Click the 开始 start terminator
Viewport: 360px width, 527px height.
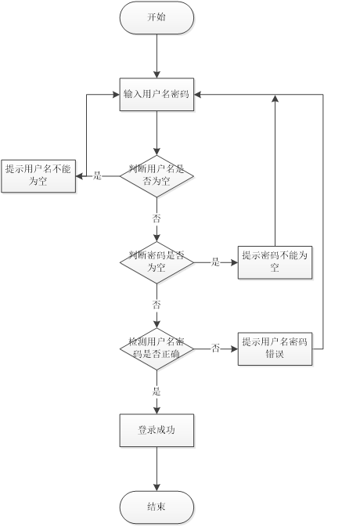[157, 17]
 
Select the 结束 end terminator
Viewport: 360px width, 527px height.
[157, 507]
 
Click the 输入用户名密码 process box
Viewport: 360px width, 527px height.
[157, 94]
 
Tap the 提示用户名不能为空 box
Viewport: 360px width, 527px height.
[38, 175]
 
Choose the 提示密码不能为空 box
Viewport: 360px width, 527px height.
[275, 262]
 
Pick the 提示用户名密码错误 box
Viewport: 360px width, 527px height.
[275, 347]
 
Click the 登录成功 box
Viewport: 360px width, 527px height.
[157, 431]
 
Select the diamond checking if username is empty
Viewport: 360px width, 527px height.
[157, 175]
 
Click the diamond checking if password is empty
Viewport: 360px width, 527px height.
[157, 262]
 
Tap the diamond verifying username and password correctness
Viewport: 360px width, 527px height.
[157, 347]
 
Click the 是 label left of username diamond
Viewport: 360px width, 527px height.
[98, 175]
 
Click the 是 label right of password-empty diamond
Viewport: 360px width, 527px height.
[215, 262]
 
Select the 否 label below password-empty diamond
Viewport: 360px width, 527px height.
[157, 305]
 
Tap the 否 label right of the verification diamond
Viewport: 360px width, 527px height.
[215, 348]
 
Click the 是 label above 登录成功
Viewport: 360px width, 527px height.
[157, 390]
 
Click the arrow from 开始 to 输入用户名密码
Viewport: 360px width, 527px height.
[157, 55]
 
